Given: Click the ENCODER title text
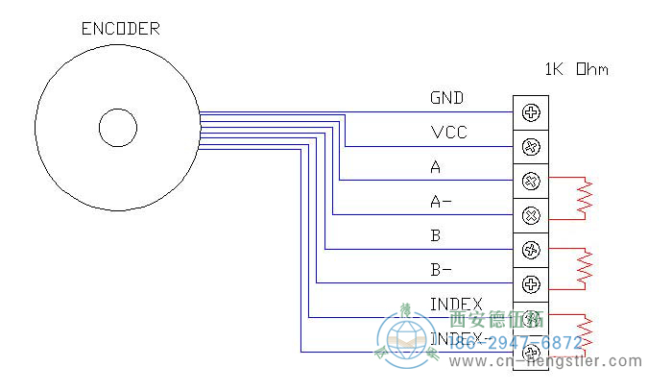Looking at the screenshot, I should point(119,29).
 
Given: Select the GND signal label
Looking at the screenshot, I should point(447,98).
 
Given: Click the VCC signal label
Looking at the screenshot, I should point(448,133).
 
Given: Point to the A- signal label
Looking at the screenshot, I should point(442,202).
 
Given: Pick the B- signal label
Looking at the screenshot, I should point(442,270).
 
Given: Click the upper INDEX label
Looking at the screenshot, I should point(456,305).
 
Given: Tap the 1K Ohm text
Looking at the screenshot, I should point(576,69).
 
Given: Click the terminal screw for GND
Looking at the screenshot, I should point(530,112).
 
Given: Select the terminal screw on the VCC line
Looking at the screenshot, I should point(530,147).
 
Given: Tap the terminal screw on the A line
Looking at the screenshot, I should point(530,181).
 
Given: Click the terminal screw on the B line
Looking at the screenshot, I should point(530,250).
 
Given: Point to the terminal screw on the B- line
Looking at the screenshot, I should point(530,283).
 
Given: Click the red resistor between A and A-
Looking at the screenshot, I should point(585,198).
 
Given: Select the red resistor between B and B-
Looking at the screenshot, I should point(585,267).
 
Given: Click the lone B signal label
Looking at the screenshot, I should point(436,235).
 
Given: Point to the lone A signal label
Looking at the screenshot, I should point(436,167).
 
